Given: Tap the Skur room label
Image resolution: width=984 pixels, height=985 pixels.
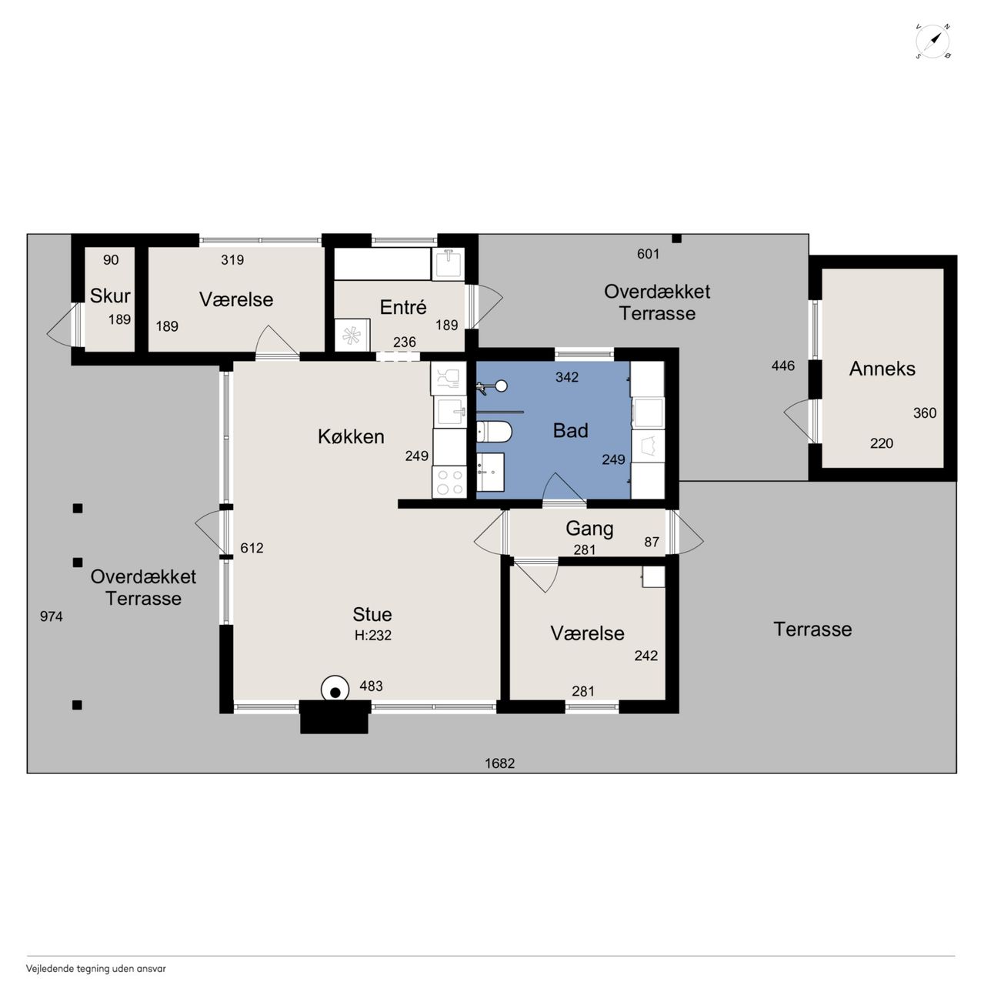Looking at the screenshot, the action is pyautogui.click(x=110, y=296).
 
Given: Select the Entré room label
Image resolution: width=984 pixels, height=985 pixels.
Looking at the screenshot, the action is pyautogui.click(x=403, y=307).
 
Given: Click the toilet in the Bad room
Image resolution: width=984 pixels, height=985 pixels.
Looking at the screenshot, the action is pyautogui.click(x=494, y=432).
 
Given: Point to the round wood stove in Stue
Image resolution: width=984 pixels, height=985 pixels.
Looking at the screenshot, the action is pyautogui.click(x=335, y=691).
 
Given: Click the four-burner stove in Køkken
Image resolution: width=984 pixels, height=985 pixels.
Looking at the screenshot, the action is pyautogui.click(x=449, y=482).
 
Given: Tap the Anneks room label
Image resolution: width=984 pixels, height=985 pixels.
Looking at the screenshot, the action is pyautogui.click(x=882, y=369).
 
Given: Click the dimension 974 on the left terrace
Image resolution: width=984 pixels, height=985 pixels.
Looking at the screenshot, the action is pyautogui.click(x=51, y=616).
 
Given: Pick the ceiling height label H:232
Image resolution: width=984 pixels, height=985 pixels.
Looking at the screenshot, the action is pyautogui.click(x=372, y=636).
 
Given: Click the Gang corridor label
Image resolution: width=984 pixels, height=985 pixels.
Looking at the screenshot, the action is pyautogui.click(x=589, y=529).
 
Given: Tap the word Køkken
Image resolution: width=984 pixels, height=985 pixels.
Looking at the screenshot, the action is pyautogui.click(x=351, y=436).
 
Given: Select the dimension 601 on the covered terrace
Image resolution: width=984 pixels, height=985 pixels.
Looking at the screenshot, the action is pyautogui.click(x=648, y=254).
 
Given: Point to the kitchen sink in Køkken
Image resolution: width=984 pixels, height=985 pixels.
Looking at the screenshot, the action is pyautogui.click(x=450, y=412).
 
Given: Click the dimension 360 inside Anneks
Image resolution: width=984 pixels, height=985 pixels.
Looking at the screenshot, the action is pyautogui.click(x=925, y=412).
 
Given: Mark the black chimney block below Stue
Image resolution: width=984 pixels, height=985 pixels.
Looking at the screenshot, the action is pyautogui.click(x=335, y=717).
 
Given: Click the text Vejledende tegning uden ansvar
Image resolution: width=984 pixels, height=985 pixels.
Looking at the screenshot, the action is pyautogui.click(x=96, y=969).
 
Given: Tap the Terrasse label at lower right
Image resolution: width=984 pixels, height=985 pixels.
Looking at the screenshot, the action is pyautogui.click(x=812, y=629).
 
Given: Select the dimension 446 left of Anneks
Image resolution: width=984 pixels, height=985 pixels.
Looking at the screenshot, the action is pyautogui.click(x=782, y=366).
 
